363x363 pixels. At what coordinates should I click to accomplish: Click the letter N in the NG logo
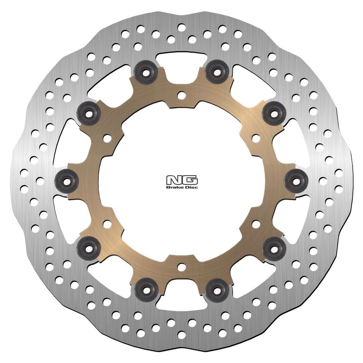tap(174, 180)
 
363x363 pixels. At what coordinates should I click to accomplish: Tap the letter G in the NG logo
tap(190, 180)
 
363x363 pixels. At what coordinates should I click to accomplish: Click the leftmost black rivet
tap(66, 181)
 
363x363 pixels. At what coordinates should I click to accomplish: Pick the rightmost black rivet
tap(296, 181)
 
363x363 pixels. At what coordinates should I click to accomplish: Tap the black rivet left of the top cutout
tap(146, 72)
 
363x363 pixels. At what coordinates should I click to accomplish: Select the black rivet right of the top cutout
tap(217, 72)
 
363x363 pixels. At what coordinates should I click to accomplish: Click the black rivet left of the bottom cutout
tap(146, 290)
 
